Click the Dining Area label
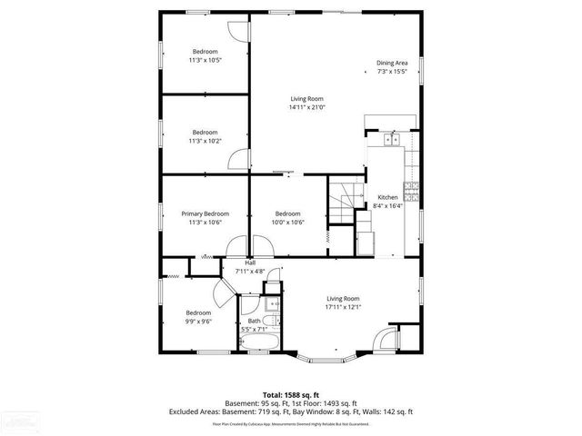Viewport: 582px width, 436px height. tap(392, 63)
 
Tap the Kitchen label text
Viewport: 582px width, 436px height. tap(387, 197)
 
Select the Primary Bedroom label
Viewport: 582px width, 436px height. tap(205, 213)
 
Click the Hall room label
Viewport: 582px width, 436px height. tap(249, 263)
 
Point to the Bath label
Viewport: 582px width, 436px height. tap(254, 321)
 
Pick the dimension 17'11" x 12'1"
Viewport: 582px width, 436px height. tap(345, 307)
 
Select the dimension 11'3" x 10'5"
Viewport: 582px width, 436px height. tap(205, 60)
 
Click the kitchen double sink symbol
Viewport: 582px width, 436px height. tap(392, 139)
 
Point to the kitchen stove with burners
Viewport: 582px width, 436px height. tap(411, 192)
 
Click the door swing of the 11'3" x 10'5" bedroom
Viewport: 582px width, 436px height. tap(236, 29)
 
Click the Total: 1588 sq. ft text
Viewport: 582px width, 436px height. tap(291, 395)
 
